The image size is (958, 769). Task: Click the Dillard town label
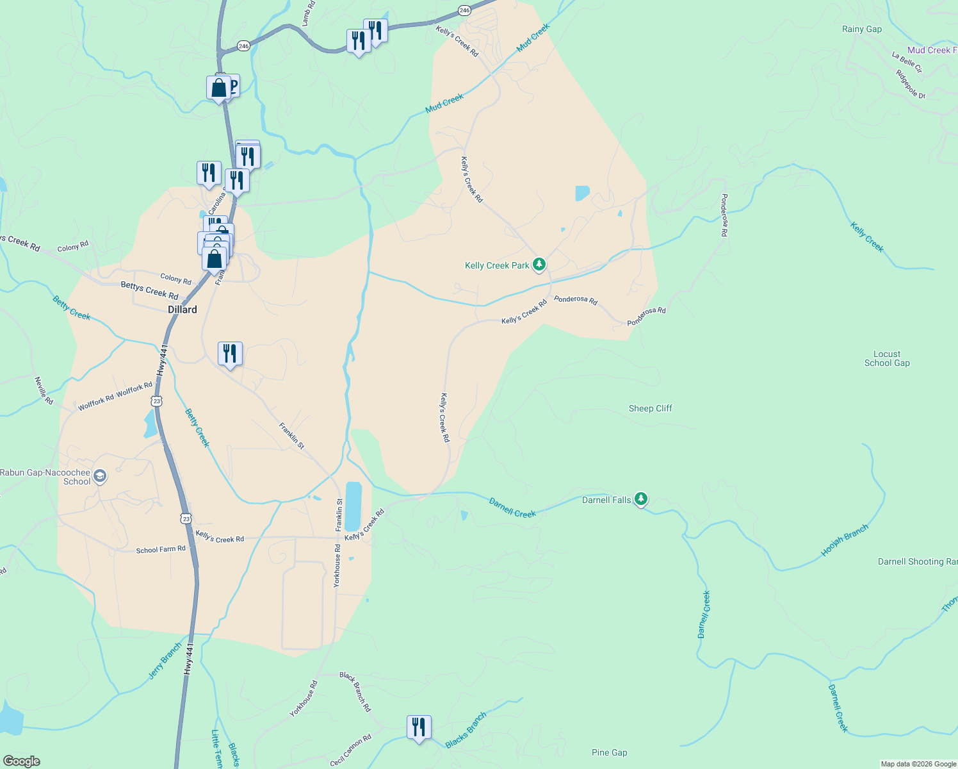click(x=183, y=310)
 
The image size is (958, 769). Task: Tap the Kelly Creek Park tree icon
click(x=539, y=264)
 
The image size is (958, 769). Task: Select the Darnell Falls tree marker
click(x=641, y=499)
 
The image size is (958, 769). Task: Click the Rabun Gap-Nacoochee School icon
click(x=99, y=476)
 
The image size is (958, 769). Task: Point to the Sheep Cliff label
click(x=650, y=408)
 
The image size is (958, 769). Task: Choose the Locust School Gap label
click(x=886, y=358)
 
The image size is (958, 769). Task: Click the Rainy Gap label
click(x=861, y=29)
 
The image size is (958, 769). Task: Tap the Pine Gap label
click(x=609, y=752)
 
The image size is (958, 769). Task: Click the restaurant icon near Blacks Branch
click(x=419, y=728)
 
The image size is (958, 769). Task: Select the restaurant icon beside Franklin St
click(x=230, y=354)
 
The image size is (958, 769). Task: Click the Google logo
click(x=22, y=761)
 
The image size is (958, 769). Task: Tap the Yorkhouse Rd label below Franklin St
click(x=337, y=566)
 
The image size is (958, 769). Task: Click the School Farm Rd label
click(x=161, y=550)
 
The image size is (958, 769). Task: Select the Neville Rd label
click(x=44, y=390)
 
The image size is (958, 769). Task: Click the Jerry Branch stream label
click(x=165, y=661)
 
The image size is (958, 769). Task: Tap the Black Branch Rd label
click(x=355, y=692)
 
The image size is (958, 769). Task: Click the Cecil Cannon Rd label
click(x=351, y=750)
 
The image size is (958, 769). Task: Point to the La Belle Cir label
click(x=907, y=63)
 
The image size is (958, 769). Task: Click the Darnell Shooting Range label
click(x=917, y=562)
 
